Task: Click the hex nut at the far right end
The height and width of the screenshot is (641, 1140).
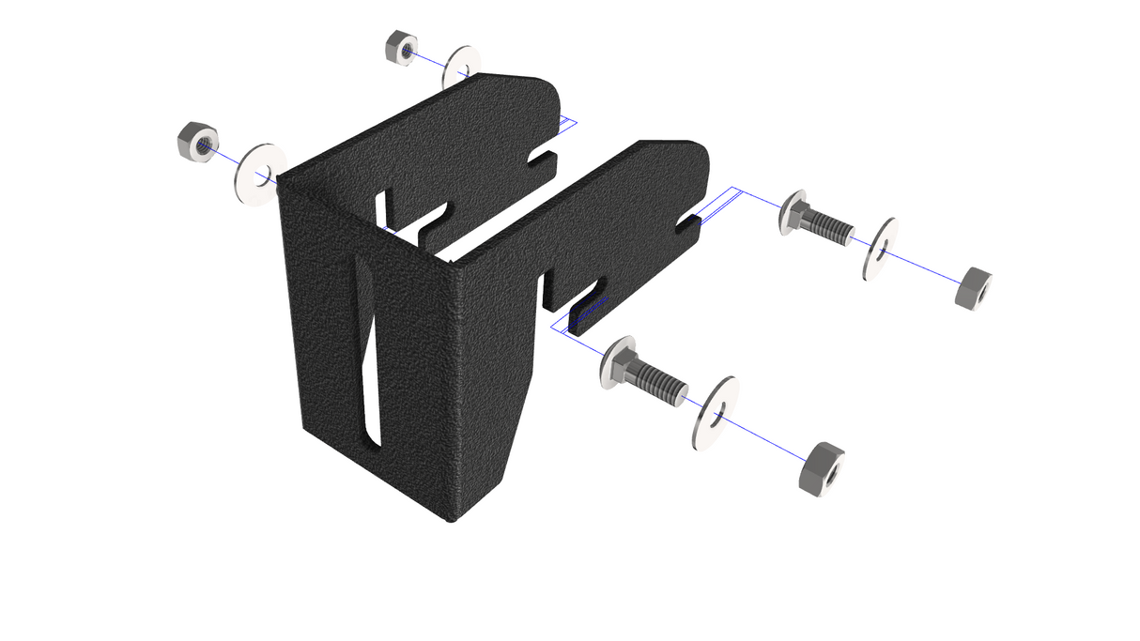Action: tap(973, 288)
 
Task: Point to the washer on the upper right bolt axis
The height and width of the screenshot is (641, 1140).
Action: tap(881, 250)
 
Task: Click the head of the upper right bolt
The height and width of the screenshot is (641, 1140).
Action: tap(793, 212)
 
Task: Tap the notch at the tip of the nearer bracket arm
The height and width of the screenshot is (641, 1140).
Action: tap(688, 223)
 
